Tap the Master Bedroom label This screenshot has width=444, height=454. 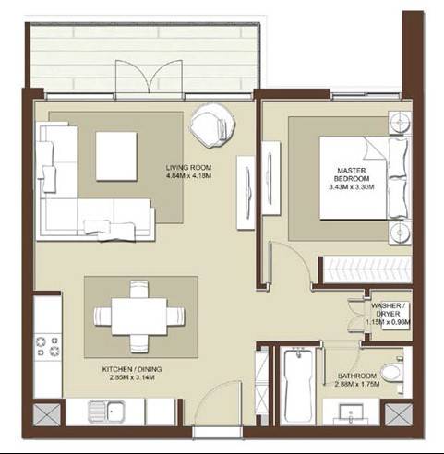pyautogui.click(x=352, y=174)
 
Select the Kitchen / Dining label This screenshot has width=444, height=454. pyautogui.click(x=132, y=369)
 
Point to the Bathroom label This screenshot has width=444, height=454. pyautogui.click(x=357, y=376)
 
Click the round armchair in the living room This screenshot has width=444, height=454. pyautogui.click(x=212, y=125)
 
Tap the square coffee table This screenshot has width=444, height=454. pyautogui.click(x=116, y=156)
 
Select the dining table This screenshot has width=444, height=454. pyautogui.click(x=139, y=317)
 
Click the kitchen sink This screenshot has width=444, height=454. pyautogui.click(x=106, y=412)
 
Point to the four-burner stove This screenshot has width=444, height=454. pyautogui.click(x=47, y=346)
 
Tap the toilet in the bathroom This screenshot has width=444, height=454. pyautogui.click(x=392, y=372)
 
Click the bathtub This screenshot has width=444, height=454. pyautogui.click(x=298, y=386)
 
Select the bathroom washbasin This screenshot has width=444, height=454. pyautogui.click(x=351, y=412)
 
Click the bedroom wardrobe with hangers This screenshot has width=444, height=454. pyautogui.click(x=366, y=269)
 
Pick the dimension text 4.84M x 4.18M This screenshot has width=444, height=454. pyautogui.click(x=188, y=176)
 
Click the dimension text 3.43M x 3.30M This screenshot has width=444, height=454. pyautogui.click(x=352, y=186)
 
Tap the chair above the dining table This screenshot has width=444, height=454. pyautogui.click(x=139, y=289)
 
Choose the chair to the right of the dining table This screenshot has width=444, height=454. pyautogui.click(x=176, y=317)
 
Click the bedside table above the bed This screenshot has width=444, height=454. pyautogui.click(x=400, y=123)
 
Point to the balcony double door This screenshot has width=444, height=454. pyautogui.click(x=150, y=79)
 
